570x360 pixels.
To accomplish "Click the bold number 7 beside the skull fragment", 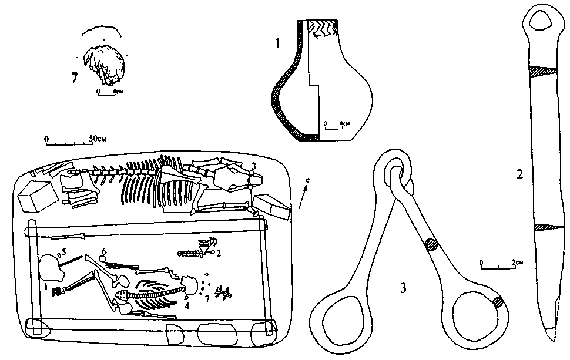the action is pos(74,78).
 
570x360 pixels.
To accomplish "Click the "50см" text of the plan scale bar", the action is pos(98,138).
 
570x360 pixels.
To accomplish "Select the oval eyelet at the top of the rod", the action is pos(539,22).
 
